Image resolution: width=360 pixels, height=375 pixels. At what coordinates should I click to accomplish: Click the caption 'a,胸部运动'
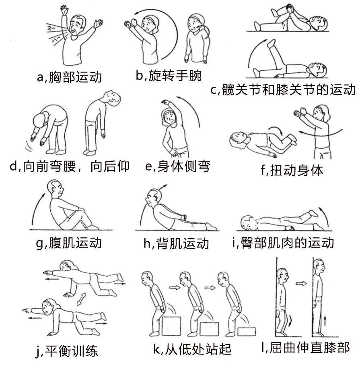pyautogui.click(x=69, y=77)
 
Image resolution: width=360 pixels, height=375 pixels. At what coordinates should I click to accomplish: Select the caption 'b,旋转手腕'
pyautogui.click(x=169, y=75)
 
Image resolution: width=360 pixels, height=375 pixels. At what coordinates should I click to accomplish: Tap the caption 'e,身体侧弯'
pyautogui.click(x=178, y=166)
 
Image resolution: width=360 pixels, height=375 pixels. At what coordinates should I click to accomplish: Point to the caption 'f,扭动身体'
pyautogui.click(x=292, y=170)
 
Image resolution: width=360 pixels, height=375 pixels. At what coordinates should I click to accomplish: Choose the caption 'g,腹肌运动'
pyautogui.click(x=69, y=243)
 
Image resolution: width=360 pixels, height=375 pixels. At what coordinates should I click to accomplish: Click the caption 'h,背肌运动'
pyautogui.click(x=176, y=243)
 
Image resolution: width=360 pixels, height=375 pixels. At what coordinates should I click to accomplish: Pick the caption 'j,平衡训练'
pyautogui.click(x=67, y=351)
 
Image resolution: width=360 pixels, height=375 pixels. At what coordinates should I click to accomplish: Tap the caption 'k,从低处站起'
pyautogui.click(x=192, y=349)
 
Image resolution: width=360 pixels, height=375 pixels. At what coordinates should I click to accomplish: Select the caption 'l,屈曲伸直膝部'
pyautogui.click(x=306, y=348)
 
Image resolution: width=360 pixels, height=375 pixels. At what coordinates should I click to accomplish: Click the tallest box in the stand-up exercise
pyautogui.click(x=171, y=326)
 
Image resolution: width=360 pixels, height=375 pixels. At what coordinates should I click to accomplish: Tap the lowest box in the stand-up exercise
pyautogui.click(x=247, y=332)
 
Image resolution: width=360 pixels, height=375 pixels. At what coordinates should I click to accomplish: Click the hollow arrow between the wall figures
pyautogui.click(x=301, y=284)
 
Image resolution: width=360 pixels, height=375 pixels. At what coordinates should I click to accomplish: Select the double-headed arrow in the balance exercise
pyautogui.click(x=81, y=299)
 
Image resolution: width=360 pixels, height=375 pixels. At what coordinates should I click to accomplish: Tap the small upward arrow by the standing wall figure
pyautogui.click(x=325, y=320)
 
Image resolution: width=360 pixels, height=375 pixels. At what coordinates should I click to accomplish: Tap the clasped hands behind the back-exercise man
pyautogui.click(x=184, y=217)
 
